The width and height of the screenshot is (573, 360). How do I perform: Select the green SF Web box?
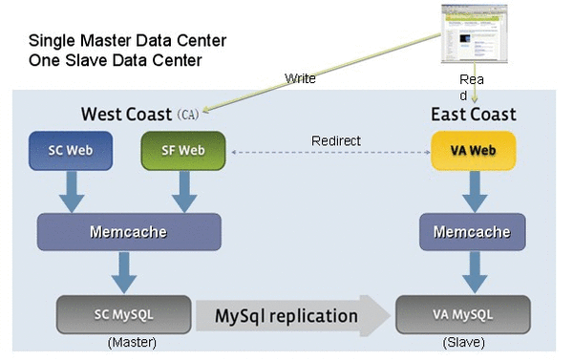(x=182, y=151)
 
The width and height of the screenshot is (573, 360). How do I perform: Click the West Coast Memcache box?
(x=128, y=232)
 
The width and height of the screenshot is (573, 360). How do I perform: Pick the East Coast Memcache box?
(x=472, y=232)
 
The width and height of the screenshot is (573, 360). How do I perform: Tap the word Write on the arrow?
(x=300, y=78)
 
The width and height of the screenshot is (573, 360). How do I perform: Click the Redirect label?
(x=336, y=141)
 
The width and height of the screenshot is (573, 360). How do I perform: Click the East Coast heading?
(x=474, y=115)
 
